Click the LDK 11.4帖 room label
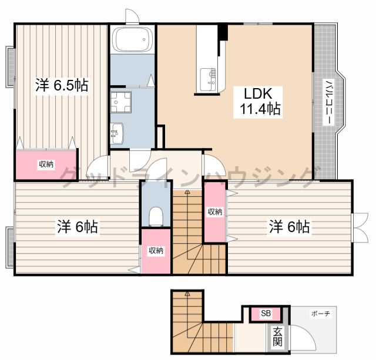[258, 102]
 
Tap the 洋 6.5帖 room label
[62, 85]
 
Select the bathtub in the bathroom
[133, 39]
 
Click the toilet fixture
[156, 216]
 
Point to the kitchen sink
[207, 79]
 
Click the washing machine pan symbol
[120, 102]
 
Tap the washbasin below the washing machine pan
[117, 133]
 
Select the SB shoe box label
[266, 313]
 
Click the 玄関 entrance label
[277, 336]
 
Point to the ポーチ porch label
[320, 313]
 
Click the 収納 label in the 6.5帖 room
[46, 164]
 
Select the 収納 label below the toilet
[156, 251]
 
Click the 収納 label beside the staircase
[214, 211]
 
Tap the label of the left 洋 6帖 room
[77, 227]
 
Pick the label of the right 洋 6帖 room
[289, 227]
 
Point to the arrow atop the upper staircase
[187, 191]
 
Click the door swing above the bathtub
[132, 16]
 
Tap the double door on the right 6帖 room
[360, 227]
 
